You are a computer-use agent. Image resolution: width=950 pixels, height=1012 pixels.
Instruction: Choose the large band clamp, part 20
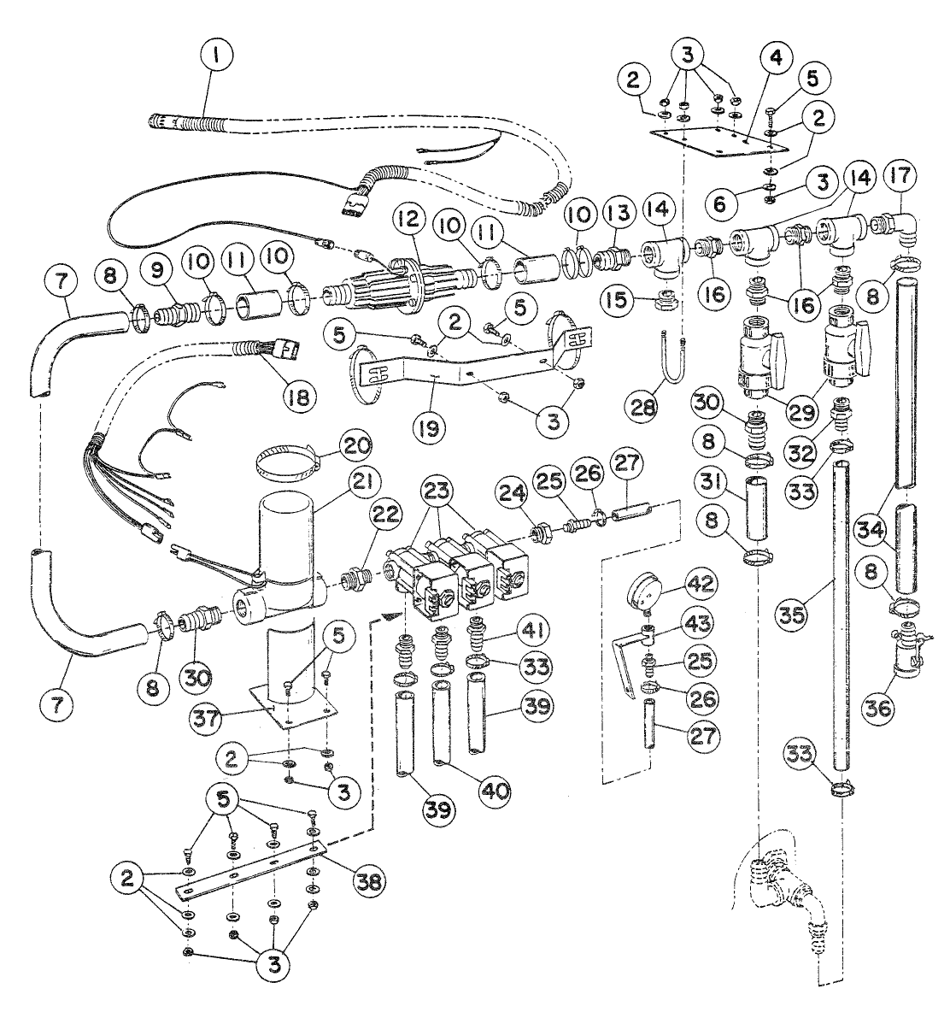coord(287,468)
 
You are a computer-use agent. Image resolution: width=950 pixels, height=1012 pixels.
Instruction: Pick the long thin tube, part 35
coord(842,615)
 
